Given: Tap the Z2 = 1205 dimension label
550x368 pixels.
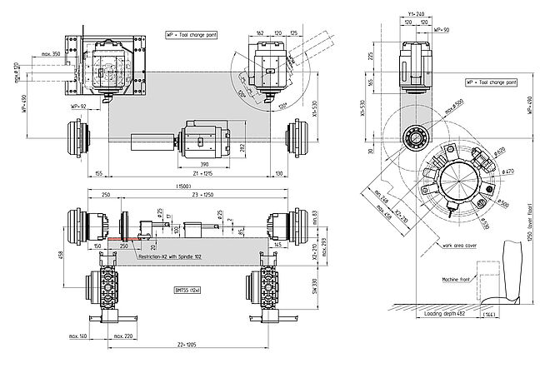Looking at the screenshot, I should pos(186,344).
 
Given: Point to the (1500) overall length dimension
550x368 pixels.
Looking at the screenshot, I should pos(185,185).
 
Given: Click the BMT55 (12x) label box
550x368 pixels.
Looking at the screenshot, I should pos(187,289).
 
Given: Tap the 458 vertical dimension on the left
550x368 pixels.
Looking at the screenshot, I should pos(62,256).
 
